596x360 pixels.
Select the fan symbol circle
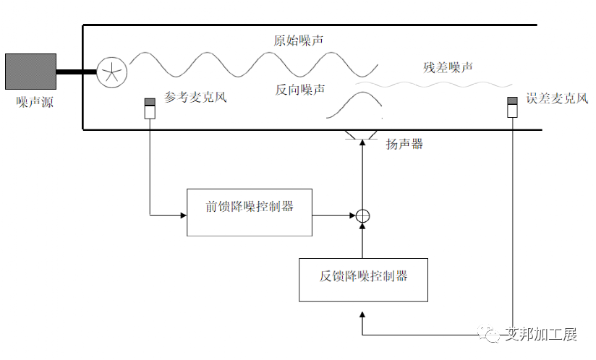(112, 72)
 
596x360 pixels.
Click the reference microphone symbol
(150, 108)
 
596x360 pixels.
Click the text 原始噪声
(298, 40)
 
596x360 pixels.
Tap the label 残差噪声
(448, 67)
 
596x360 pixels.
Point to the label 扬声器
(404, 144)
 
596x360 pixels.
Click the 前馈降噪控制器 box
(250, 212)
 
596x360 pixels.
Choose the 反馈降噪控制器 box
(363, 279)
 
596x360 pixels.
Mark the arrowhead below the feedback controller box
(363, 315)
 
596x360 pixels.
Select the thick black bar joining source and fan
(77, 72)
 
